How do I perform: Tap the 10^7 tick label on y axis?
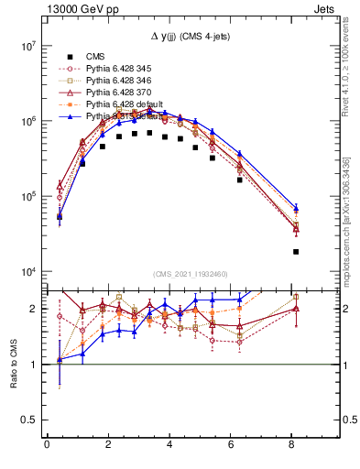point(27,45)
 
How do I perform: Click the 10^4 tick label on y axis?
point(27,272)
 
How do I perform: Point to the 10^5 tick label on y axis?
point(27,196)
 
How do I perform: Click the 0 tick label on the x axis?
point(47,446)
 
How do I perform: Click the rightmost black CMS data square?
point(296,251)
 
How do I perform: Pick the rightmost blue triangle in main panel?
point(296,208)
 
